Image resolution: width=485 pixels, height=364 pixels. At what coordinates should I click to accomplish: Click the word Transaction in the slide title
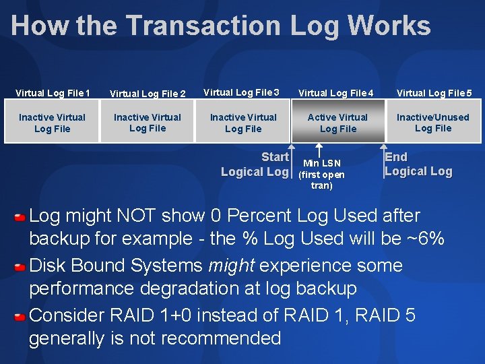[203, 26]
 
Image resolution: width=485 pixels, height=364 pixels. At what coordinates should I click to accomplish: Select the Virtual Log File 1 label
[53, 92]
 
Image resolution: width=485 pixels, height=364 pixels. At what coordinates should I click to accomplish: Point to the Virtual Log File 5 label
[434, 92]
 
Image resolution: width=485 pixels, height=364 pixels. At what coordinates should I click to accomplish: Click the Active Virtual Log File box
[338, 122]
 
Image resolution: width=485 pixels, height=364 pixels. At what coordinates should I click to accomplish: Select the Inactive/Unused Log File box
[433, 122]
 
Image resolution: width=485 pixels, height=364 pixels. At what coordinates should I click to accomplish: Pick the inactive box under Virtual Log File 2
[148, 122]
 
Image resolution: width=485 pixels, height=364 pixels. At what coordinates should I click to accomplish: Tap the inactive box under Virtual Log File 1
[53, 122]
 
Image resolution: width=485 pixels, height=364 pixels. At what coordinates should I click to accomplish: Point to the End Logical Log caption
[418, 164]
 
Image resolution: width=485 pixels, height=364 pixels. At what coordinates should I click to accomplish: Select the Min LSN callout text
[321, 174]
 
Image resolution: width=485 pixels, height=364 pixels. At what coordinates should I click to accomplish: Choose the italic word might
[231, 266]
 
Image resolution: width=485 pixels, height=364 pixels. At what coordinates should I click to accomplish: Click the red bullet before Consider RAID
[20, 315]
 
